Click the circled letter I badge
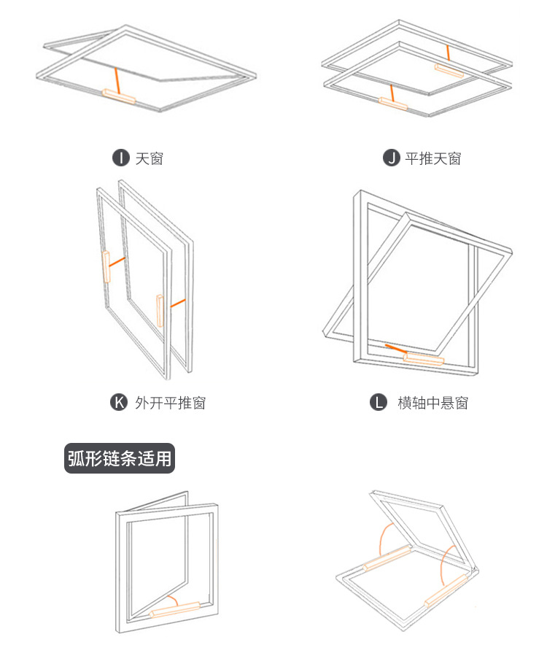coord(120,158)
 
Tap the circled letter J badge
coord(392,158)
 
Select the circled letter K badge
coord(118,401)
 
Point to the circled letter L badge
coord(378,402)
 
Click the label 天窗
coord(149,158)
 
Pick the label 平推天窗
coord(432,158)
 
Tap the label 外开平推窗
coord(170,402)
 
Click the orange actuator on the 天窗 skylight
coord(118,96)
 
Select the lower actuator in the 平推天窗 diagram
coord(393,104)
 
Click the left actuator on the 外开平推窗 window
coord(106,267)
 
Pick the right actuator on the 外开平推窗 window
coord(160,311)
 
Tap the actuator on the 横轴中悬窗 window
coord(424,359)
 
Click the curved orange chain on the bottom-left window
coord(171,601)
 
